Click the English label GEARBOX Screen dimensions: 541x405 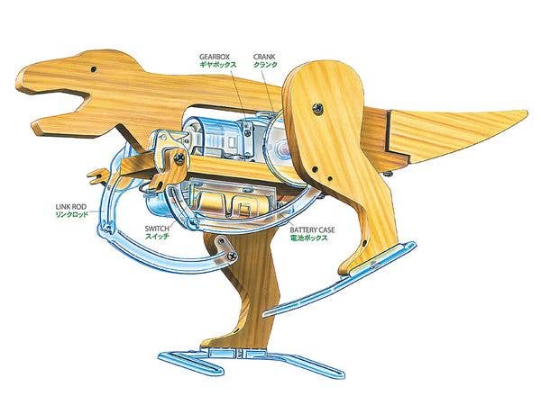[215, 57]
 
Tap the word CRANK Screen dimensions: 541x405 [264, 57]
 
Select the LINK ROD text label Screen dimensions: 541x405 [71, 207]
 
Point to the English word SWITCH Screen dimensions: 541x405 [157, 229]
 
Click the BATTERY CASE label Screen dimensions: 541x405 [312, 229]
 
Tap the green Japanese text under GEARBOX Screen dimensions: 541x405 [217, 65]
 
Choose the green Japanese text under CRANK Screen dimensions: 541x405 [265, 65]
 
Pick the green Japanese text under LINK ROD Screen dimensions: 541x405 [72, 215]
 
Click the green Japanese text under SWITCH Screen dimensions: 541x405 [157, 237]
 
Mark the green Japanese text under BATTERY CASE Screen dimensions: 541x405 [308, 238]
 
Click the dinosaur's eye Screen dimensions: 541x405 [94, 69]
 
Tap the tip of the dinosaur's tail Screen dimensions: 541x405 [527, 113]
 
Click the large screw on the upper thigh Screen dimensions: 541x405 [317, 109]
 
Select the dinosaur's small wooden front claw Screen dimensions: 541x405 [98, 175]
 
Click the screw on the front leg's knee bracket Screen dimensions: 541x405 [232, 256]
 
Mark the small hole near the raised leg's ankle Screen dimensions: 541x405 [364, 244]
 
